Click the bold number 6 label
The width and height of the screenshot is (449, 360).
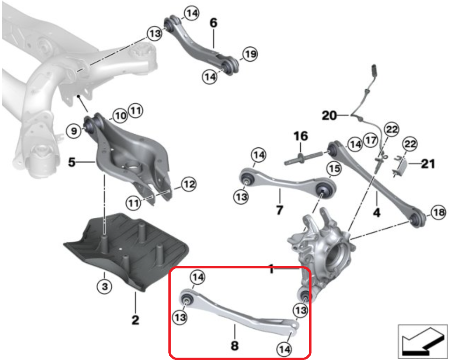pos(214,22)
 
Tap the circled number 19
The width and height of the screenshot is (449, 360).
pos(250,54)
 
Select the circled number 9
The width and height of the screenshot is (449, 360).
pos(73,131)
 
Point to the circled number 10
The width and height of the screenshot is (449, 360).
pos(120,116)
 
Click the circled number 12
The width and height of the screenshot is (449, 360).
pos(188,184)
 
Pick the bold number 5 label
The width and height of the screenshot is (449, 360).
pos(72,162)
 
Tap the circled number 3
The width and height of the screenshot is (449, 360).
pos(105,286)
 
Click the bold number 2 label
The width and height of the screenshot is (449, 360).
pos(135,320)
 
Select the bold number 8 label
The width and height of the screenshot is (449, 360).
pos(234,346)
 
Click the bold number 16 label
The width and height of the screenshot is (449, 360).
pos(300,136)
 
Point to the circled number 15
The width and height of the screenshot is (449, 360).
pos(334,169)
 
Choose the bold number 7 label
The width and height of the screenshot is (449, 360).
pos(280,210)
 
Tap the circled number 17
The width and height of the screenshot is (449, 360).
pos(371,140)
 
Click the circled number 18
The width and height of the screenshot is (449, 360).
pos(438,212)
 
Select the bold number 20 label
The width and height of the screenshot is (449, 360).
pos(329,115)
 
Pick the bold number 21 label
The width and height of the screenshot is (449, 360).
pos(428,164)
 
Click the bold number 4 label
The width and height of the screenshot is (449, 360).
pos(377,212)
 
